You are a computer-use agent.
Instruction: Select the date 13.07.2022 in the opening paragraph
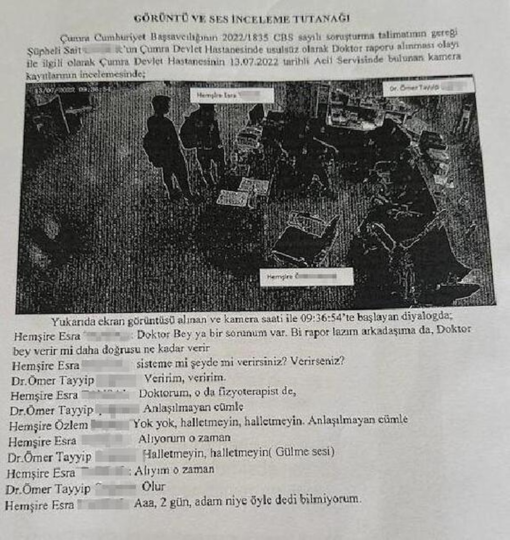(253, 61)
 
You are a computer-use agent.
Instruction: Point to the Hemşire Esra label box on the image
(232, 96)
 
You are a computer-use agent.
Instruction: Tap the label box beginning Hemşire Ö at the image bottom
(306, 277)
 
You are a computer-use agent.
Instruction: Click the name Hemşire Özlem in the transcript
(48, 425)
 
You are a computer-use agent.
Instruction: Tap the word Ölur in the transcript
(153, 486)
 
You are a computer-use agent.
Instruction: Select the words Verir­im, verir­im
(185, 378)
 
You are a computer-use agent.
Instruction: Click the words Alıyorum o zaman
(184, 438)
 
